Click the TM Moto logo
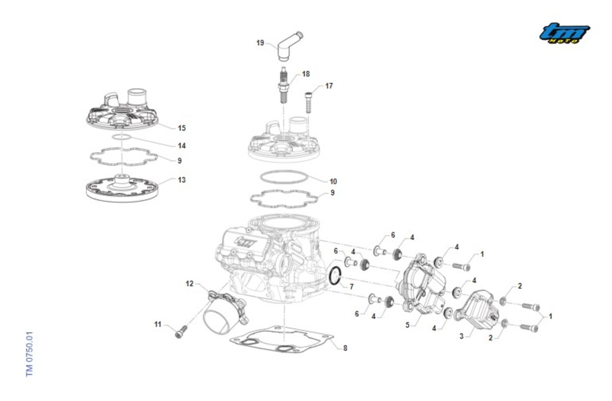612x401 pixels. point(565,33)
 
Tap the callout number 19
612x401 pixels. point(260,43)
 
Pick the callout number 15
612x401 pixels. point(182,128)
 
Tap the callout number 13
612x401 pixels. point(182,180)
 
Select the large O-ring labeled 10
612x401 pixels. point(284,177)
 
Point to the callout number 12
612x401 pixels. point(190,284)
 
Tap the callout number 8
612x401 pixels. point(345,348)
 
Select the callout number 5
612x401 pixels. point(407,324)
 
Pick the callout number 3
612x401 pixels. point(461,337)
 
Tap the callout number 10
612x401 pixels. point(333,181)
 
